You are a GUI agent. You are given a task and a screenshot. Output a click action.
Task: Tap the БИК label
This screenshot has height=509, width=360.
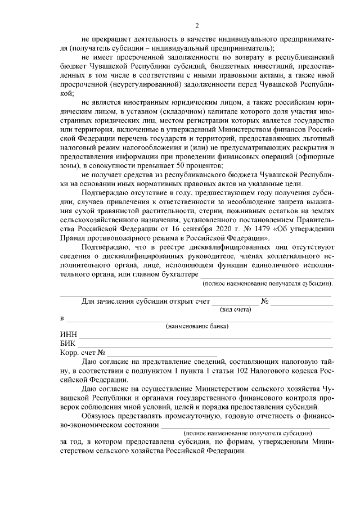point(67,343)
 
